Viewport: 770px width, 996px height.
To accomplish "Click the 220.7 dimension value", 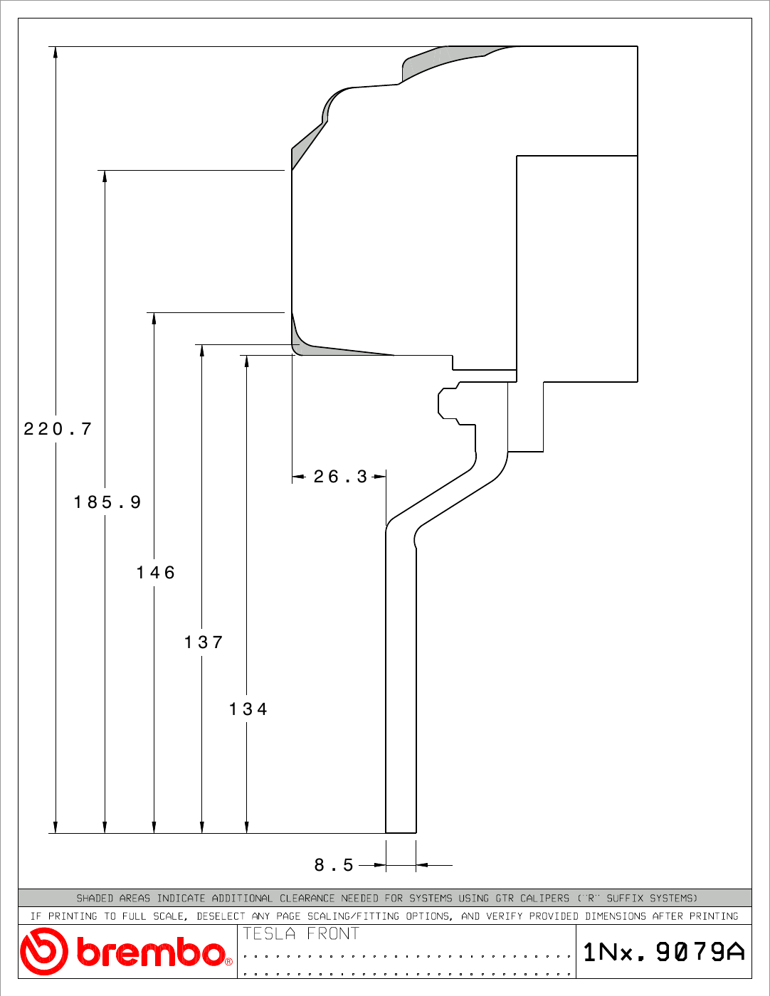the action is click(x=58, y=429).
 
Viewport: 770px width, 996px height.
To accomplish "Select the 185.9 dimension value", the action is click(x=107, y=502).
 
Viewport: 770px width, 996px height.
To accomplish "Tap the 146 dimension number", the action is click(x=157, y=573).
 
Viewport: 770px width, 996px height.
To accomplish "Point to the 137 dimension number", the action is click(x=204, y=642).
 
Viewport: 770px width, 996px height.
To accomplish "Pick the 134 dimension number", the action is click(x=248, y=709).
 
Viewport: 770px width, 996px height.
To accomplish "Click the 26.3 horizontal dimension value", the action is click(x=341, y=477).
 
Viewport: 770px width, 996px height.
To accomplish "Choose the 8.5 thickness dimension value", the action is click(x=334, y=865).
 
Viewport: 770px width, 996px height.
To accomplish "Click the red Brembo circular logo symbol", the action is click(x=43, y=952).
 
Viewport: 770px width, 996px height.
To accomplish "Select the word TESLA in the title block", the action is click(x=269, y=933).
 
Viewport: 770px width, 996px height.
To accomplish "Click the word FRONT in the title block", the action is click(x=333, y=933).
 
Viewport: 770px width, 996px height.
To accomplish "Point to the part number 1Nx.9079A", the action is click(x=664, y=952).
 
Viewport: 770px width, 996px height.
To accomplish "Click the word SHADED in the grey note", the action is click(x=95, y=898).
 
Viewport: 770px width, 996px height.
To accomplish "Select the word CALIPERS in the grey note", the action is click(x=544, y=898).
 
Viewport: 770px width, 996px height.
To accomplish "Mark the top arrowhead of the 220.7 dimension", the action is click(x=56, y=52).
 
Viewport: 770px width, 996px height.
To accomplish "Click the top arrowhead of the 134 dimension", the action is click(x=246, y=361).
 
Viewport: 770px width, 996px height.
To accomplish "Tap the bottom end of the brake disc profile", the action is click(x=401, y=832).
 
